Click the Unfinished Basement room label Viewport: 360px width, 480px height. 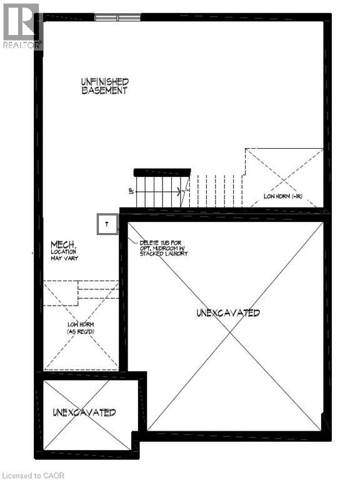[105, 86]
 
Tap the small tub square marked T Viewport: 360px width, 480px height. [107, 224]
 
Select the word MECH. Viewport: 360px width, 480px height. [63, 245]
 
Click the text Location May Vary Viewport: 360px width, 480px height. [64, 255]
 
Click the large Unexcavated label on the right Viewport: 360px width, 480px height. [227, 312]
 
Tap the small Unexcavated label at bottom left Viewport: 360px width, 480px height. [84, 412]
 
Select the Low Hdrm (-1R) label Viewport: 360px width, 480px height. [283, 196]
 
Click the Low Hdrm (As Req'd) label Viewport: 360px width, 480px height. [81, 327]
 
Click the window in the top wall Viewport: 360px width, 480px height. [117, 17]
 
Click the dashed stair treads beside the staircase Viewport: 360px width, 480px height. [216, 191]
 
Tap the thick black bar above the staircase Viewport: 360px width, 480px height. [162, 172]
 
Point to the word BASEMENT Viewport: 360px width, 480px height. [105, 91]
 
